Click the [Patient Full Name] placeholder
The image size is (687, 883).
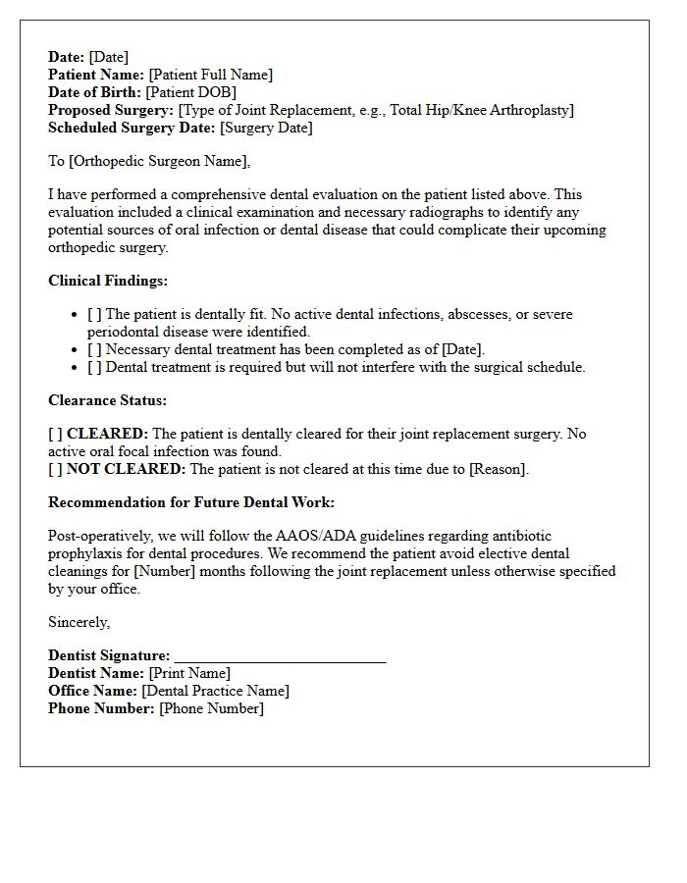pyautogui.click(x=211, y=75)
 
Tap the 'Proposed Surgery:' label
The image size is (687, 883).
pyautogui.click(x=111, y=110)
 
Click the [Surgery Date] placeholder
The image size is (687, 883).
pyautogui.click(x=266, y=128)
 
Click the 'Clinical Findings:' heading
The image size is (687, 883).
pyautogui.click(x=108, y=281)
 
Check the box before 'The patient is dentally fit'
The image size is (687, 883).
pyautogui.click(x=94, y=315)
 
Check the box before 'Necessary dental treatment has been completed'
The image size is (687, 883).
pyautogui.click(x=94, y=350)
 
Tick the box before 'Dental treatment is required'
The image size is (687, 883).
pyautogui.click(x=94, y=368)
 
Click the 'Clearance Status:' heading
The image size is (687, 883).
pyautogui.click(x=107, y=400)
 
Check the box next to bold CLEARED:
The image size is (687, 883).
pyautogui.click(x=56, y=434)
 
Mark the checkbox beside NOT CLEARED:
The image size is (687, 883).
pyautogui.click(x=56, y=469)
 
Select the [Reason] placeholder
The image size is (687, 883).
pyautogui.click(x=498, y=469)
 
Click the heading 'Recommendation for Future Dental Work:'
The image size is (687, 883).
pyautogui.click(x=191, y=502)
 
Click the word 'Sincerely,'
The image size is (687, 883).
pyautogui.click(x=79, y=622)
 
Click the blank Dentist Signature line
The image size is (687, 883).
pyautogui.click(x=280, y=656)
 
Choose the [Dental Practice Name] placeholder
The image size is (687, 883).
pyautogui.click(x=215, y=691)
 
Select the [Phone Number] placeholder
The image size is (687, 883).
pyautogui.click(x=211, y=708)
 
